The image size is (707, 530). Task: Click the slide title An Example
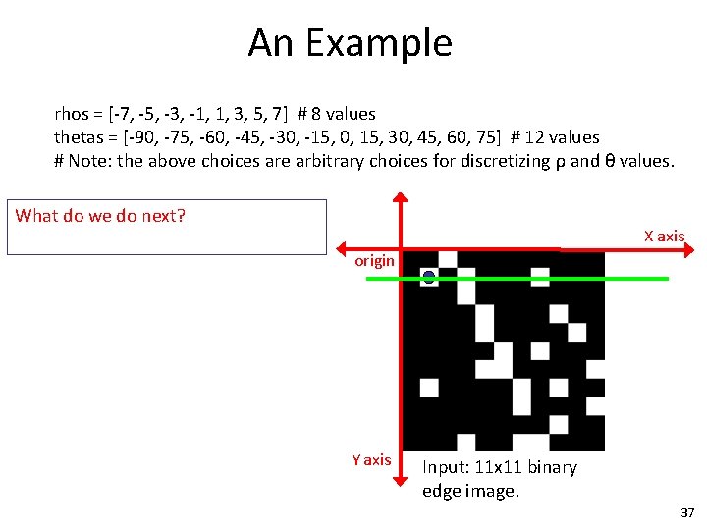pyautogui.click(x=350, y=43)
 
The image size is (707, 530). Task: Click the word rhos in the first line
pyautogui.click(x=73, y=114)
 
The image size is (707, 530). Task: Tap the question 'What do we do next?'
pyautogui.click(x=100, y=216)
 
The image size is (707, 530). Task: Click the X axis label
pyautogui.click(x=664, y=236)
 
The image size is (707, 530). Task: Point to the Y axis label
pyautogui.click(x=371, y=459)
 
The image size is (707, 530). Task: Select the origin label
pyautogui.click(x=374, y=260)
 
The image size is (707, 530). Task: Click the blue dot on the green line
pyautogui.click(x=429, y=278)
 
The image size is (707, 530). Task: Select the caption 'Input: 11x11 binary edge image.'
pyautogui.click(x=499, y=479)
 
